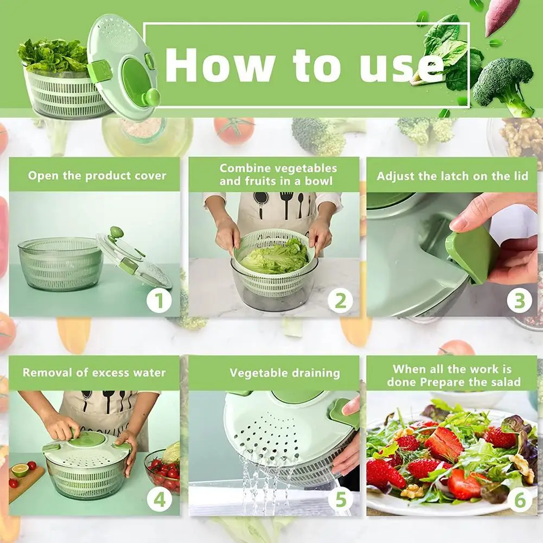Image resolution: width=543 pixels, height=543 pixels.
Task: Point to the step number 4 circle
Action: [159, 500]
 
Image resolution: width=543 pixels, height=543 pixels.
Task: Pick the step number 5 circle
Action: [340, 500]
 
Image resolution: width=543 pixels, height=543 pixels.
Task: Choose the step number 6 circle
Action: [519, 500]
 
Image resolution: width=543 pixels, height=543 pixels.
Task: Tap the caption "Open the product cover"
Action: [97, 176]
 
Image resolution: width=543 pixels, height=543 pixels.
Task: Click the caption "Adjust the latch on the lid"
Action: [452, 176]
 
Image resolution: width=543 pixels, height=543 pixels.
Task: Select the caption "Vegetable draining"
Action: [285, 373]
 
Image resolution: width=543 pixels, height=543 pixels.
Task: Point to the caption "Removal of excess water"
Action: [94, 373]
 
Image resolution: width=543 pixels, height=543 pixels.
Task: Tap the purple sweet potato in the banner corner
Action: [501, 16]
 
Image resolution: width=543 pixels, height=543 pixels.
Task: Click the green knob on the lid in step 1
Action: [116, 233]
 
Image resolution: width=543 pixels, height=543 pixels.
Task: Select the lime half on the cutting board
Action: [20, 470]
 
